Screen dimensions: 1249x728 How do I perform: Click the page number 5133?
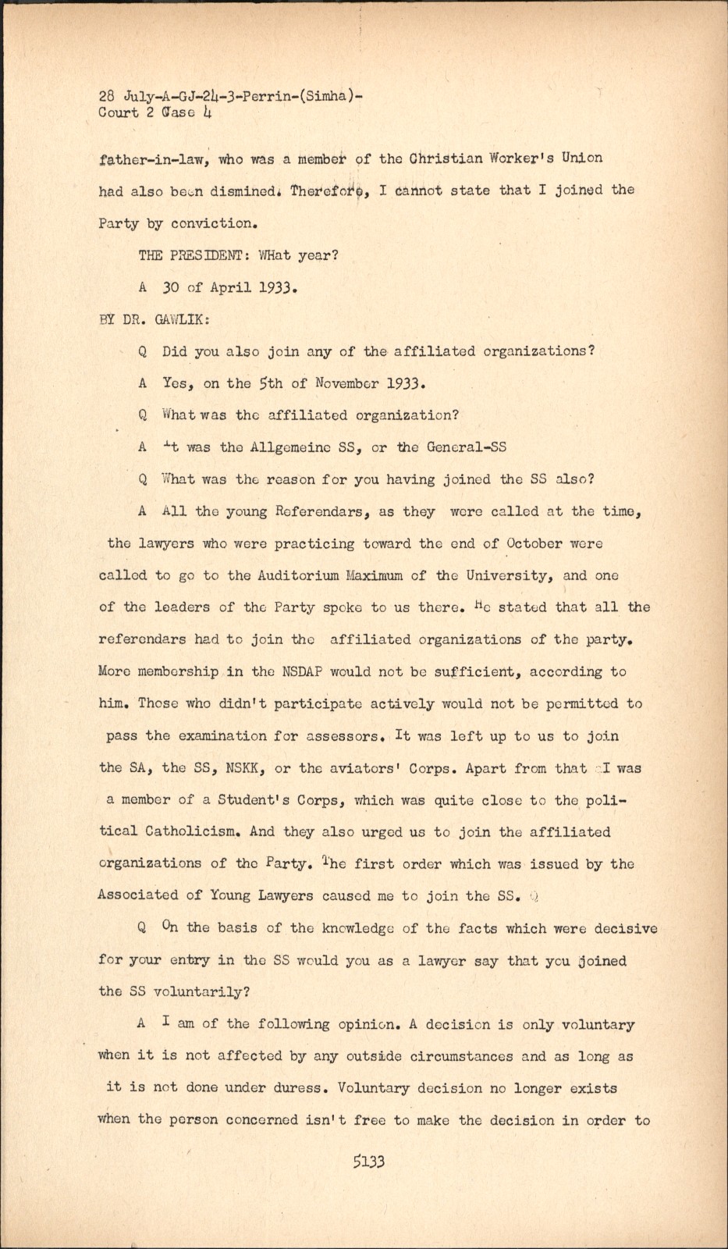[368, 1162]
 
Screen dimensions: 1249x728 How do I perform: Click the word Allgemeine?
[292, 447]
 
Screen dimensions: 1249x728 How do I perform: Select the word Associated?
[138, 895]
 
